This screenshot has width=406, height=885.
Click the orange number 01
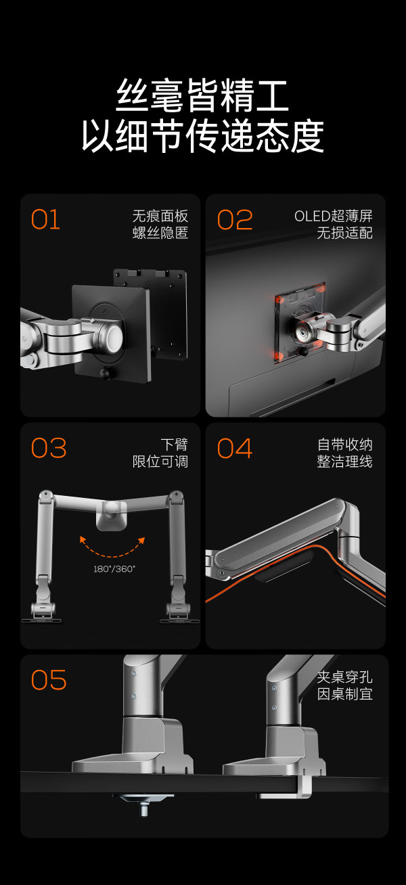tap(45, 220)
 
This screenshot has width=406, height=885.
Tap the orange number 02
tap(235, 220)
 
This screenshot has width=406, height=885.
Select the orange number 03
tap(49, 448)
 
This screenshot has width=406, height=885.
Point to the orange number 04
tap(235, 448)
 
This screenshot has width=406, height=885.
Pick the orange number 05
tap(49, 679)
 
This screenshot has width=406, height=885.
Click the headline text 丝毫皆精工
tap(202, 96)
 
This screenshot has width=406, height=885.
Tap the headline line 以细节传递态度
tap(202, 135)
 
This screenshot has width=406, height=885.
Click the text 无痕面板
tap(160, 216)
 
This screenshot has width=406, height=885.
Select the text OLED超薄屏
tap(334, 216)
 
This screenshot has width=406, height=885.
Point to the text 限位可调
tap(160, 461)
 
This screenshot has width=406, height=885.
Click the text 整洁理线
tap(345, 461)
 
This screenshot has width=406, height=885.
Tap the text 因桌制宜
tap(345, 694)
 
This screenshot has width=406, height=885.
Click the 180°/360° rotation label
tap(114, 569)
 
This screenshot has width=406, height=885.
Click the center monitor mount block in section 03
tap(112, 515)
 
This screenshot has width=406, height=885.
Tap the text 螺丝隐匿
tap(160, 233)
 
